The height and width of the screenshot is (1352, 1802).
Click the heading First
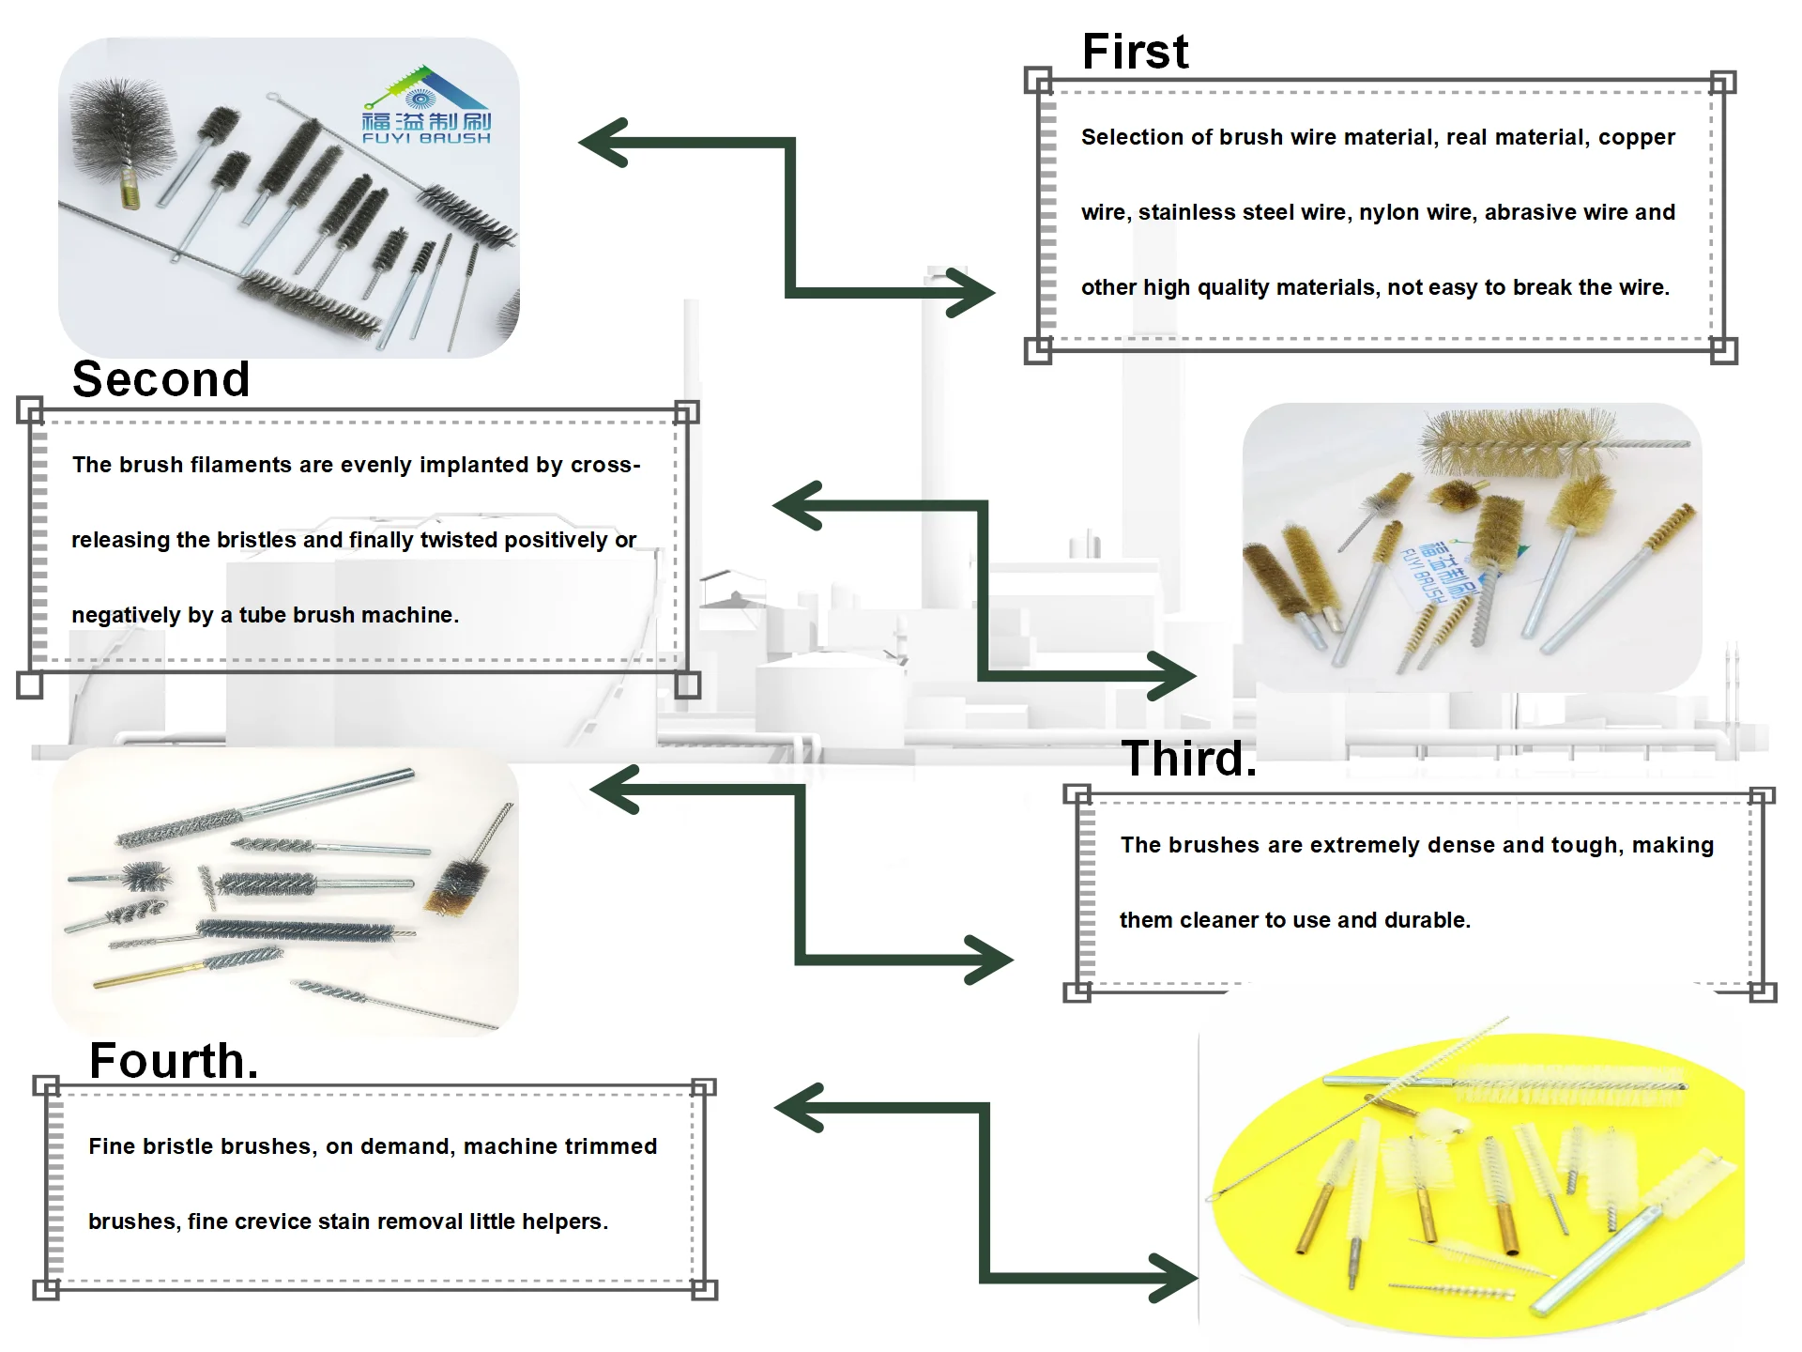point(1135,52)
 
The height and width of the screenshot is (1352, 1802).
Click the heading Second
point(160,379)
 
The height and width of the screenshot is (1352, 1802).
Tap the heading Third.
point(1188,759)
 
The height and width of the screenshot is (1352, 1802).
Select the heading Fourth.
point(174,1061)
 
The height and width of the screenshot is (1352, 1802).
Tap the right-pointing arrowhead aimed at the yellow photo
point(1173,1278)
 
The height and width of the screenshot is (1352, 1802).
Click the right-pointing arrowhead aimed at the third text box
point(988,960)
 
